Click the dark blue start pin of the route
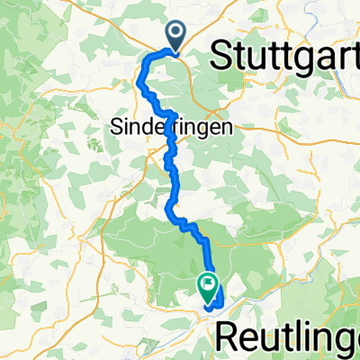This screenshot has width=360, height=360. tap(174, 37)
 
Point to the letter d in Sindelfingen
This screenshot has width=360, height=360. tap(144, 127)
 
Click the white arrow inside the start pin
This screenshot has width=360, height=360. tap(174, 33)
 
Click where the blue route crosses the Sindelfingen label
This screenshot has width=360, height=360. tap(167, 128)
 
